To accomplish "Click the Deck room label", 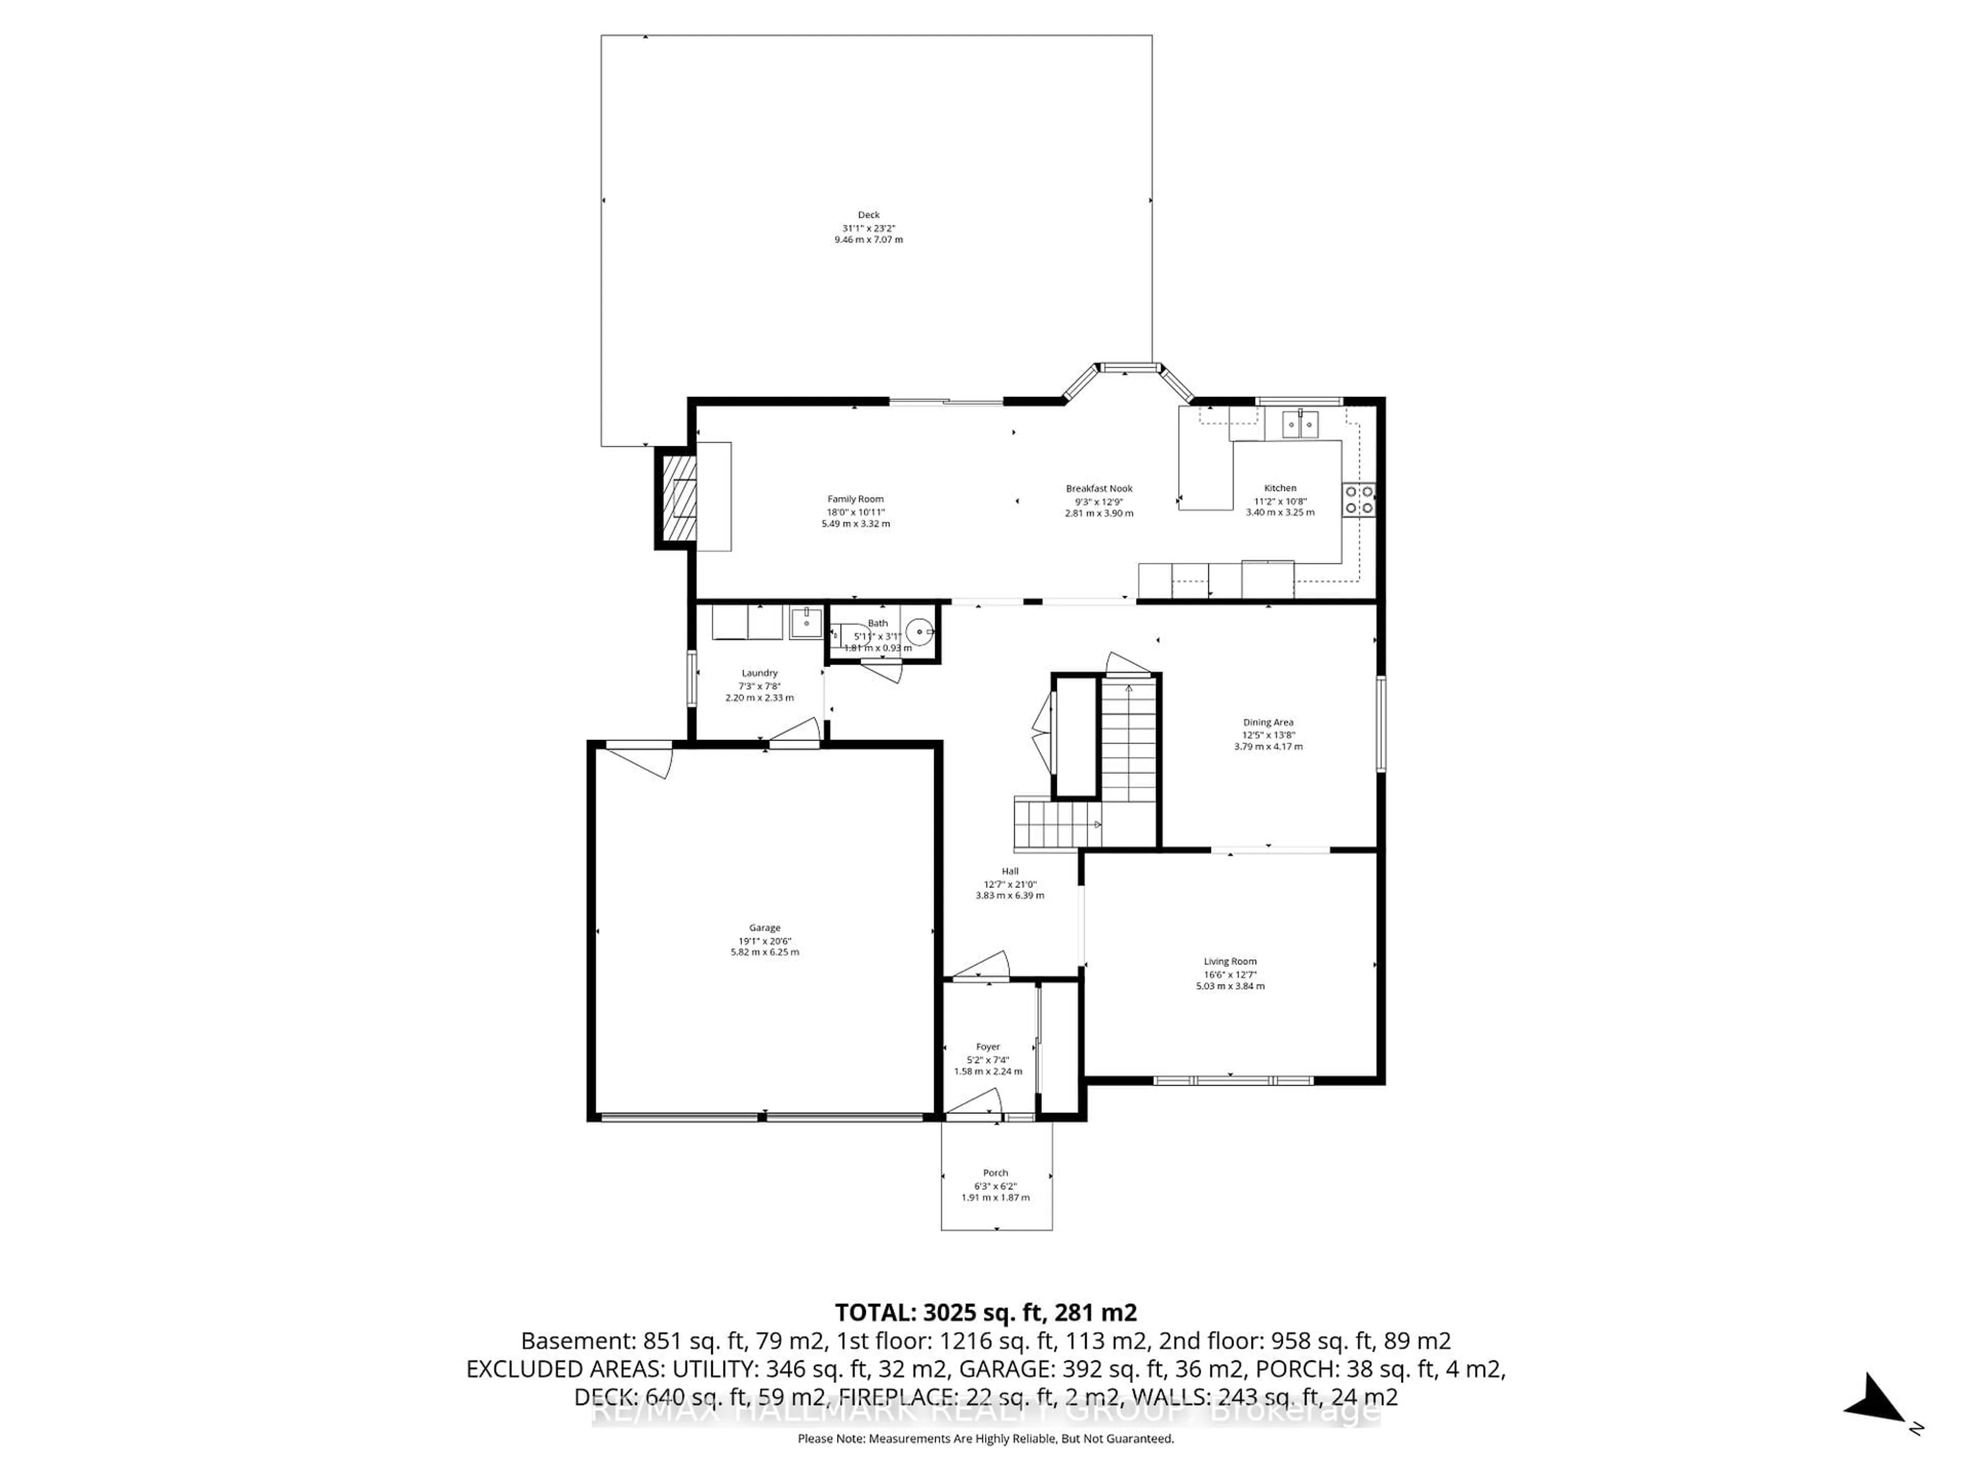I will point(868,215).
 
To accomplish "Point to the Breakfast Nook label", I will point(1098,488).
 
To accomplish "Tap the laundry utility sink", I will point(805,622).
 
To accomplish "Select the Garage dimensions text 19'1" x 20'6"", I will point(764,940).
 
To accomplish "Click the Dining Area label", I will point(1268,722).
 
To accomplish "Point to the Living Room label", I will point(1229,961).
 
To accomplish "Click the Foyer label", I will point(988,1047).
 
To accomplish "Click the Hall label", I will point(1009,871).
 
